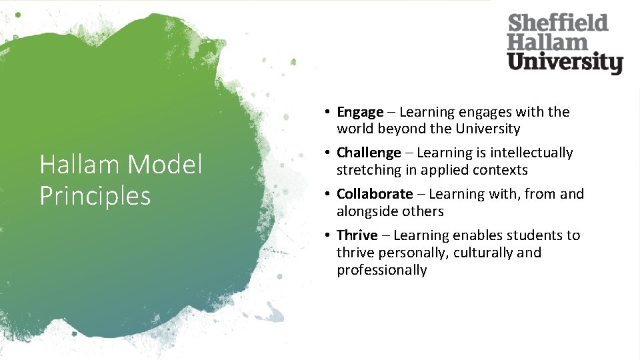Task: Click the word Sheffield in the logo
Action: pos(558,24)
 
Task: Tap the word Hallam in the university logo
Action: pos(547,43)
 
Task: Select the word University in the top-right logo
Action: pos(565,63)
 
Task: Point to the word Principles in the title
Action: pos(95,195)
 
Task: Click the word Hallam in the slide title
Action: pos(81,164)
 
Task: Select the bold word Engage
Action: pos(360,113)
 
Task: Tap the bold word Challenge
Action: pos(369,153)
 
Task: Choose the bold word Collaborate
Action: pos(375,194)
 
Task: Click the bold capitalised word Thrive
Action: pos(357,235)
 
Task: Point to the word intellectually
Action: pos(531,153)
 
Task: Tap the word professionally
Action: pos(381,270)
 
